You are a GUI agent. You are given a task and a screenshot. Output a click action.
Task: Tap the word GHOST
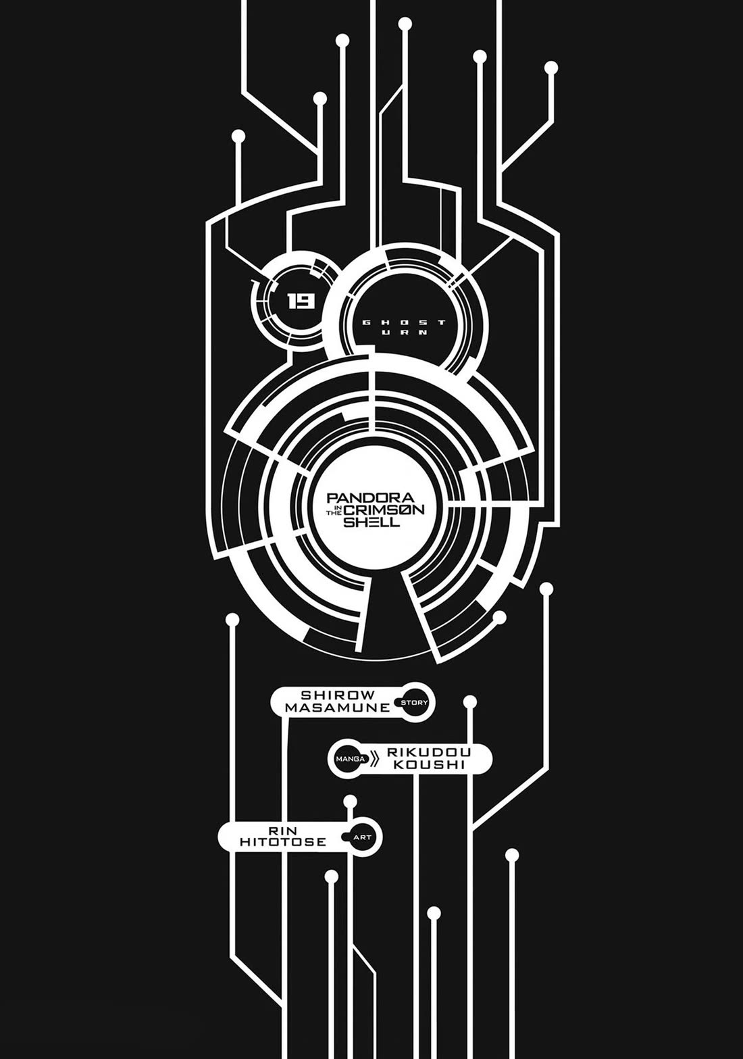[x=404, y=322]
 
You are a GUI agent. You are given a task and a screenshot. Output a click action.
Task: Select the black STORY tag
[x=414, y=703]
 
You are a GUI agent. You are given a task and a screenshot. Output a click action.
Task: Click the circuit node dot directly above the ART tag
[x=350, y=802]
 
